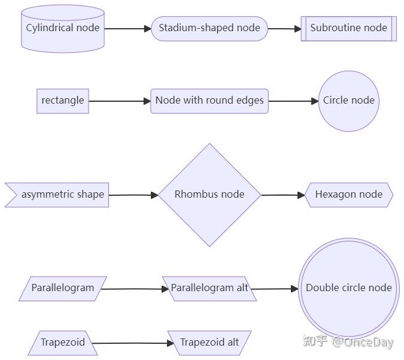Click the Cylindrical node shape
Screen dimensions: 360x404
[x=63, y=28]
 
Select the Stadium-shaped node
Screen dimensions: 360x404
[x=209, y=28]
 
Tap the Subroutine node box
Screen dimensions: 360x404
[x=348, y=28]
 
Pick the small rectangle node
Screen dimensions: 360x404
[x=62, y=101]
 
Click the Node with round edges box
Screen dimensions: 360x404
[x=209, y=101]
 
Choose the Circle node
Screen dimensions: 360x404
[x=348, y=101]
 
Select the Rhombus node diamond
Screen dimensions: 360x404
[x=209, y=195]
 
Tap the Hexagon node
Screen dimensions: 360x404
[x=348, y=195]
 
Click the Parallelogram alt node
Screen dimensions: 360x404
[x=209, y=288]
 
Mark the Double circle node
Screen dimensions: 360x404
[x=348, y=288]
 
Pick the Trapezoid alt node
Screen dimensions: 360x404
[x=209, y=343]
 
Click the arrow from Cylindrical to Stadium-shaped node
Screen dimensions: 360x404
[x=127, y=28]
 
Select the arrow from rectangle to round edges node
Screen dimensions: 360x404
[x=120, y=101]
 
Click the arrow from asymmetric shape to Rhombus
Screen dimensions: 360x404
[x=133, y=195]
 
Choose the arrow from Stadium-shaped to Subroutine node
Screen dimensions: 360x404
[x=284, y=28]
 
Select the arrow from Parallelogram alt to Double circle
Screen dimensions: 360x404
[x=274, y=289]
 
